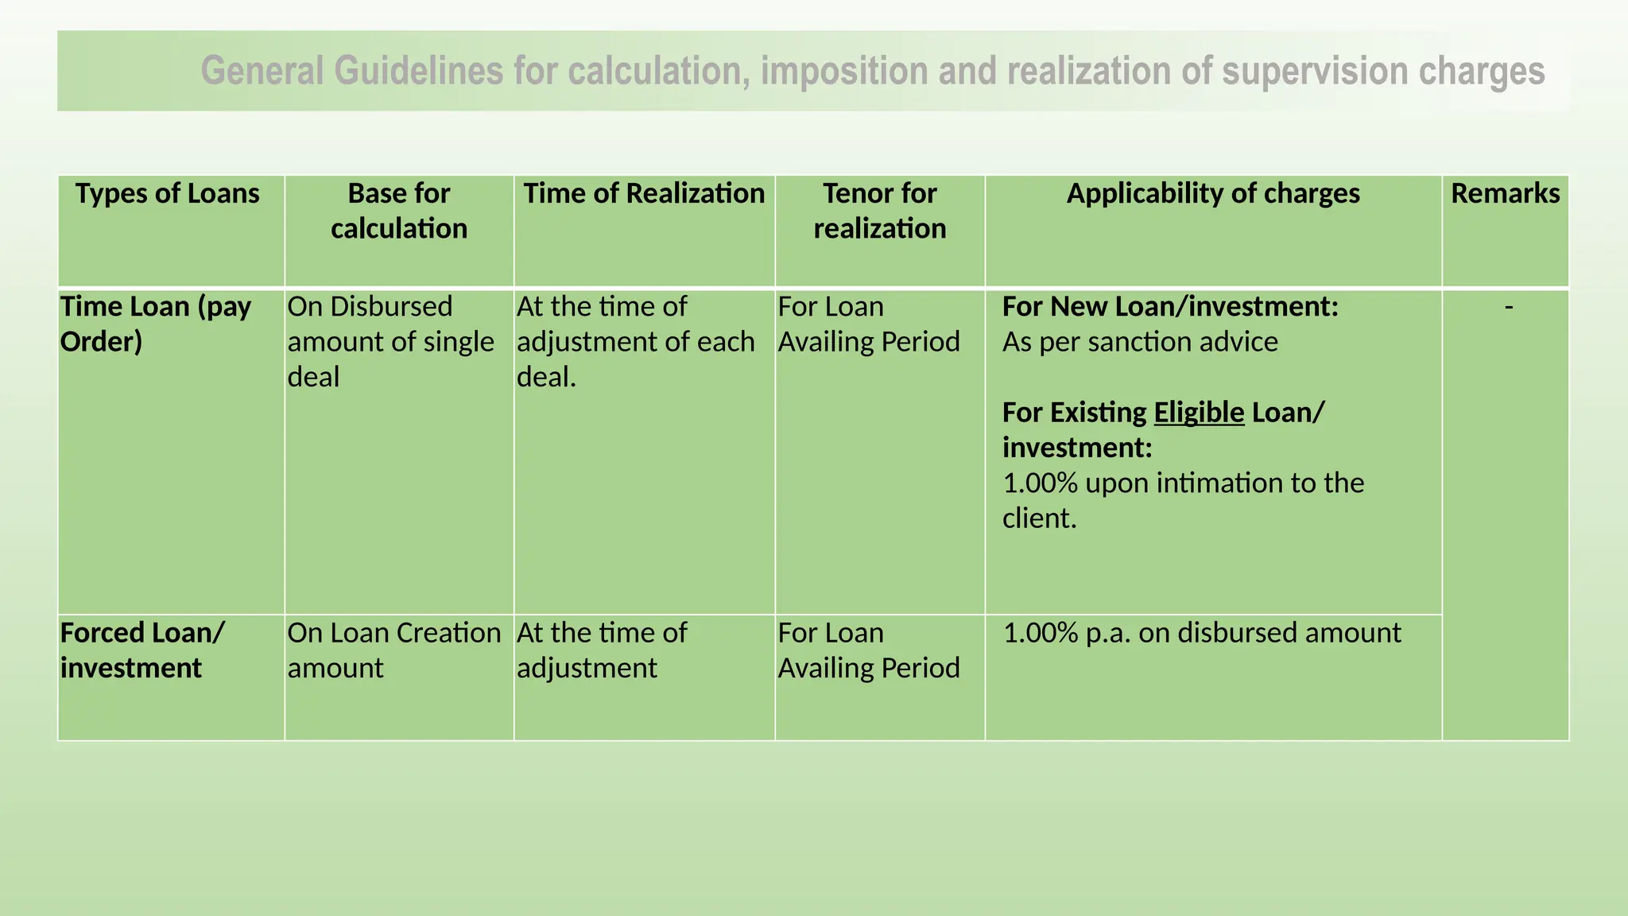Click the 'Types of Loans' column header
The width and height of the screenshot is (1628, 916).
coord(167,194)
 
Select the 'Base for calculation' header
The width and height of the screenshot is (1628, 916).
coord(399,212)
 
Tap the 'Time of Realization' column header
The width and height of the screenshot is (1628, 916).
coord(644,194)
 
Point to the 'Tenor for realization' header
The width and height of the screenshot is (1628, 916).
coord(880,212)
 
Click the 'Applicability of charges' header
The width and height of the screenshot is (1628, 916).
coord(1213,194)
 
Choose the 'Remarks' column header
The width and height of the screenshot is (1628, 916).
coord(1505,194)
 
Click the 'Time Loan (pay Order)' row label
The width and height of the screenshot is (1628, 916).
coord(156,324)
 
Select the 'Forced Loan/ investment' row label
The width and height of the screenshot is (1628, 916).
coord(142,650)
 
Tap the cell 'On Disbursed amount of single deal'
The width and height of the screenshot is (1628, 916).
coord(390,342)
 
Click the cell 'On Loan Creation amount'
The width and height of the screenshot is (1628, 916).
coord(394,650)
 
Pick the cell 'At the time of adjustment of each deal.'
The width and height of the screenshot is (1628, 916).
coord(635,342)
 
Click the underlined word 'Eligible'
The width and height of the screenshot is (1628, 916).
coord(1198,413)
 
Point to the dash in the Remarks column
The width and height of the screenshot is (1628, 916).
coord(1508,306)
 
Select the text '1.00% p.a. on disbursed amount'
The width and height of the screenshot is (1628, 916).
coord(1202,633)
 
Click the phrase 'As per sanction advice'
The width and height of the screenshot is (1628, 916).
coord(1140,342)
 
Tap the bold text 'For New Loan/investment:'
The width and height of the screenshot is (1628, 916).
coord(1170,307)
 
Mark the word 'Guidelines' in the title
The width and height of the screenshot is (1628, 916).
coord(418,72)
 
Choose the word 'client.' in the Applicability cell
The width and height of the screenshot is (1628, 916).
coord(1039,518)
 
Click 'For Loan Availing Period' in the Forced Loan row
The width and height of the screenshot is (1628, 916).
coord(869,650)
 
